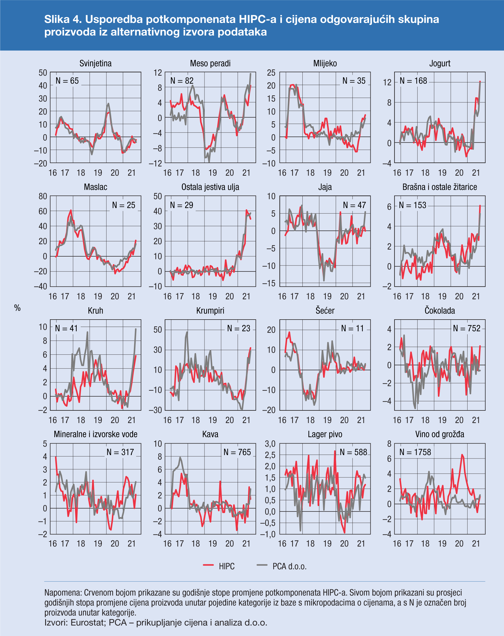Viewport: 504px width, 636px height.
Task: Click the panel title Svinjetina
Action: tap(95, 64)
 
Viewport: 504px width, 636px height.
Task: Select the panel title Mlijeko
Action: tap(325, 64)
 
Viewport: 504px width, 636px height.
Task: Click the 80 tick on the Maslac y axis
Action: tap(43, 196)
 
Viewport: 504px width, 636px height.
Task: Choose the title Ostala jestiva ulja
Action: tap(210, 187)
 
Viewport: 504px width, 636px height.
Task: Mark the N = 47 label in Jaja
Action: tap(354, 205)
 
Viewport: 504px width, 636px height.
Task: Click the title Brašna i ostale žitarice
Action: tap(439, 187)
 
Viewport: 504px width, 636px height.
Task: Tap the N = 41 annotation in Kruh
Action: tap(66, 328)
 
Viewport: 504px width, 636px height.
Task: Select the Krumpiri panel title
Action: tap(210, 311)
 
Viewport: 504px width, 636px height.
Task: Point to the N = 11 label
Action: tap(353, 328)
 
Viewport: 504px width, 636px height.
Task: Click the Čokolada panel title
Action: tap(439, 311)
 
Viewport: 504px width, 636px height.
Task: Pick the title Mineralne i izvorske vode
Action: tap(95, 434)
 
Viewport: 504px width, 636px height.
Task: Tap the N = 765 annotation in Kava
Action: tap(237, 452)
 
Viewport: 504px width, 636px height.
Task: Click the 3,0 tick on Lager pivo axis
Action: tap(270, 444)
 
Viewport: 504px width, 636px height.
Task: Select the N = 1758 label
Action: tap(415, 452)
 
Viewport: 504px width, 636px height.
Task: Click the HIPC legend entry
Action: tap(227, 566)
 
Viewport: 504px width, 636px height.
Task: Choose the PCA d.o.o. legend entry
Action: tap(289, 566)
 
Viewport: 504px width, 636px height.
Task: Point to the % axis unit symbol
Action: tap(17, 308)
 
